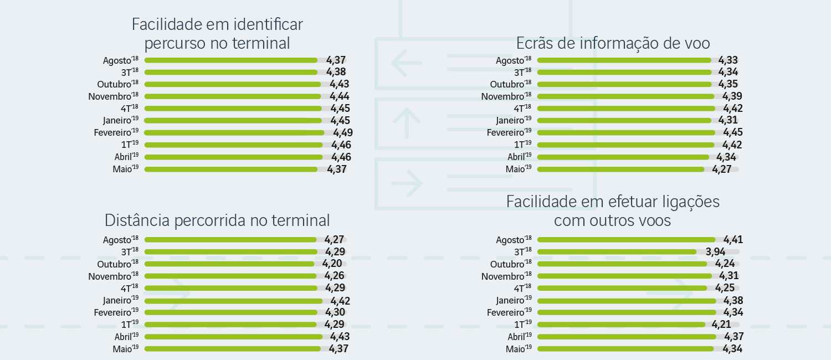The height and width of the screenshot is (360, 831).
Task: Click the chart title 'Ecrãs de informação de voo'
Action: [x=613, y=43]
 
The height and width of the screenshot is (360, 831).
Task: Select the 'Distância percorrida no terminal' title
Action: [x=217, y=220]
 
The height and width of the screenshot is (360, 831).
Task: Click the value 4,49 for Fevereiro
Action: [x=343, y=133]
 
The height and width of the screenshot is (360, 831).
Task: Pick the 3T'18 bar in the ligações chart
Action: [x=617, y=252]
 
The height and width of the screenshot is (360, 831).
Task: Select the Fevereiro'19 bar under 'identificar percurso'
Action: [x=234, y=133]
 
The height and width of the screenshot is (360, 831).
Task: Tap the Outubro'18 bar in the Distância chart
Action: [x=229, y=264]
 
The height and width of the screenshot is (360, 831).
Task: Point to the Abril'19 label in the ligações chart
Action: [x=520, y=337]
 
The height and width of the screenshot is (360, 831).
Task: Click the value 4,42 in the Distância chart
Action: [x=340, y=301]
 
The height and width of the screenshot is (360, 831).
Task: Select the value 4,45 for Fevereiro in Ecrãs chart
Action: [x=733, y=133]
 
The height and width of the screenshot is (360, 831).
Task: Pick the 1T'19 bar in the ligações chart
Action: [x=621, y=325]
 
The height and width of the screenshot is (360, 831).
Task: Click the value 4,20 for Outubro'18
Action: [x=332, y=264]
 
